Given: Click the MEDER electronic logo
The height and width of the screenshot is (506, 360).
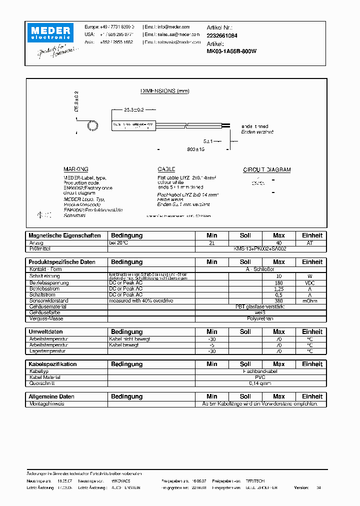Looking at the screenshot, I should [x=52, y=32].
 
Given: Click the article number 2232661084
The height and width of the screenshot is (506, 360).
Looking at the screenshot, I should [x=222, y=35].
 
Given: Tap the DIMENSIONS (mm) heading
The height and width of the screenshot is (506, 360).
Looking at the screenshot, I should [x=164, y=91].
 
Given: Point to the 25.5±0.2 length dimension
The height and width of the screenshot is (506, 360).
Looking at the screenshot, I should [x=133, y=109].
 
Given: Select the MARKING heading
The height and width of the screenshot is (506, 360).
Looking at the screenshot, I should [x=75, y=170].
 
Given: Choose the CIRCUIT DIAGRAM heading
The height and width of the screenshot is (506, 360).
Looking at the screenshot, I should [x=266, y=170].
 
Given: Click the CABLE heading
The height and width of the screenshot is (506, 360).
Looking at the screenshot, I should [x=166, y=170].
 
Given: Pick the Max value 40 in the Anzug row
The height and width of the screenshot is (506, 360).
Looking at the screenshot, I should [x=278, y=243].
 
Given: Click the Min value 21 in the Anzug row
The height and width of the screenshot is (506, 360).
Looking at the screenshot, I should [x=211, y=243].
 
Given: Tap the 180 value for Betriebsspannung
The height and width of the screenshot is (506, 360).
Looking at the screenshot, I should [x=278, y=283].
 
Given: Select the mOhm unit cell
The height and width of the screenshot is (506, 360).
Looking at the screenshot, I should [x=312, y=301].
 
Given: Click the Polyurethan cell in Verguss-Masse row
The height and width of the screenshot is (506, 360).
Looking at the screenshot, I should [x=260, y=318].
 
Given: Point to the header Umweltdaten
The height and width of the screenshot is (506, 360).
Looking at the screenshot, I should [x=45, y=332].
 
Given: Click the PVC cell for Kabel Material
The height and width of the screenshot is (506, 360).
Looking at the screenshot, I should [x=260, y=377].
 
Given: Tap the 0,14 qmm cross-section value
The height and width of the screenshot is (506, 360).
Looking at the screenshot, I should [x=260, y=383].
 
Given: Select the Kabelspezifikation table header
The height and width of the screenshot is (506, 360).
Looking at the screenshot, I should [x=52, y=364].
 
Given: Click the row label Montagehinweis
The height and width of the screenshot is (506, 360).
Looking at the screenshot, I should [x=47, y=403].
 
